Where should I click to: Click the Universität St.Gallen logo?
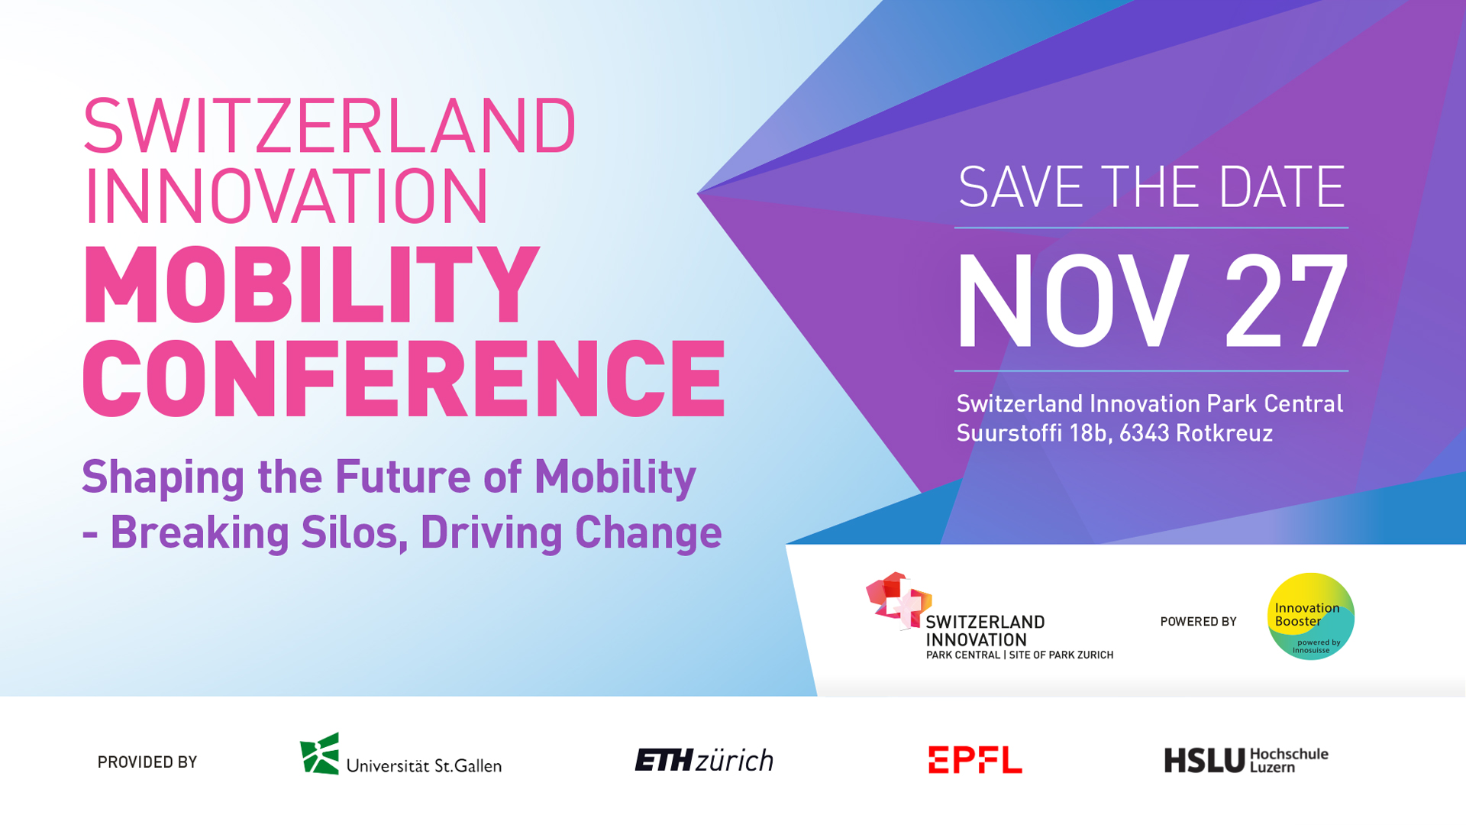[400, 755]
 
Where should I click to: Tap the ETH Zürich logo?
[704, 760]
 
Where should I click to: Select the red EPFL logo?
[975, 760]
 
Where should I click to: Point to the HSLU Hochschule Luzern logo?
[1246, 760]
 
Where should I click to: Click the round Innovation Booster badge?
[1310, 616]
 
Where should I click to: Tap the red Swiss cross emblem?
[899, 600]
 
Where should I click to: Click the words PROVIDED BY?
[147, 762]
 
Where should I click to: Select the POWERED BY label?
[1198, 622]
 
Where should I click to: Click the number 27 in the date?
[1286, 301]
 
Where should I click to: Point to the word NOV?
[1073, 301]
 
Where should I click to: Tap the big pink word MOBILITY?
[312, 285]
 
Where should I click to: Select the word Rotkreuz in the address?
[1224, 433]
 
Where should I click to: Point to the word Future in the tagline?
[403, 477]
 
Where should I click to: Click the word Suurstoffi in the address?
[1009, 433]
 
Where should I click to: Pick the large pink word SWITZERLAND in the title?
[329, 126]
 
